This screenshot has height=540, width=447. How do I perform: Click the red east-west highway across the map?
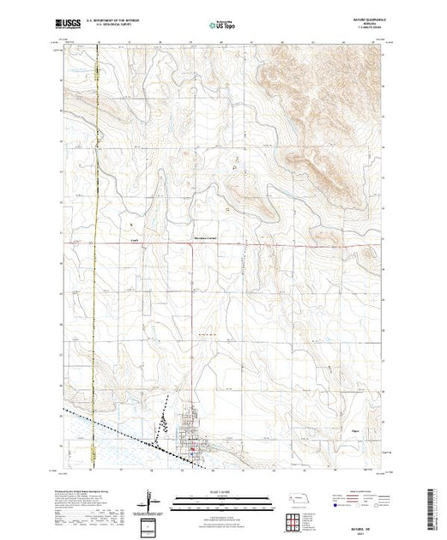click(257, 244)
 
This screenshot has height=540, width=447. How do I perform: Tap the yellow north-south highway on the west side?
click(95, 257)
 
